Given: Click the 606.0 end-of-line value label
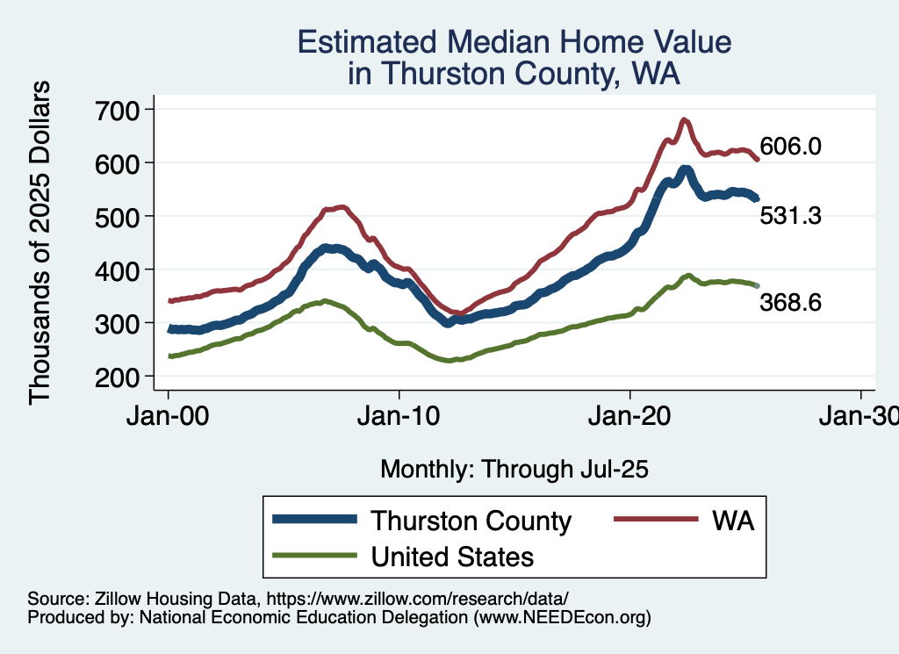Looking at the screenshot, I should tap(790, 147).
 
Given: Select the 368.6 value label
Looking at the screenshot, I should tap(790, 303).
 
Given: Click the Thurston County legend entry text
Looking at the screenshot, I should tap(471, 521).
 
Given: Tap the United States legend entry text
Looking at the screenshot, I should tap(452, 557).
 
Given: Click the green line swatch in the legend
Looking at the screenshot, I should tap(315, 556).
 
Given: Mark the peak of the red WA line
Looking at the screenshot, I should tap(684, 119).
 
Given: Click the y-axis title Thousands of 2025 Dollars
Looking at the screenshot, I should tap(40, 242).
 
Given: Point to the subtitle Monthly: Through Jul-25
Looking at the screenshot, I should tap(514, 470).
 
